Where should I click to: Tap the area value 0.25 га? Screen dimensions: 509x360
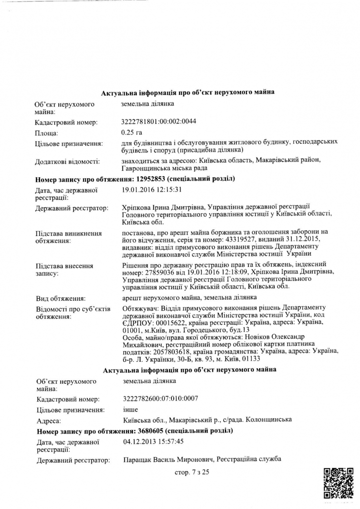pos(131,132)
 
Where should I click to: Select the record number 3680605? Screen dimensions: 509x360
pos(149,431)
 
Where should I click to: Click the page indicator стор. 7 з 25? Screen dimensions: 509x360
pos(192,472)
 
